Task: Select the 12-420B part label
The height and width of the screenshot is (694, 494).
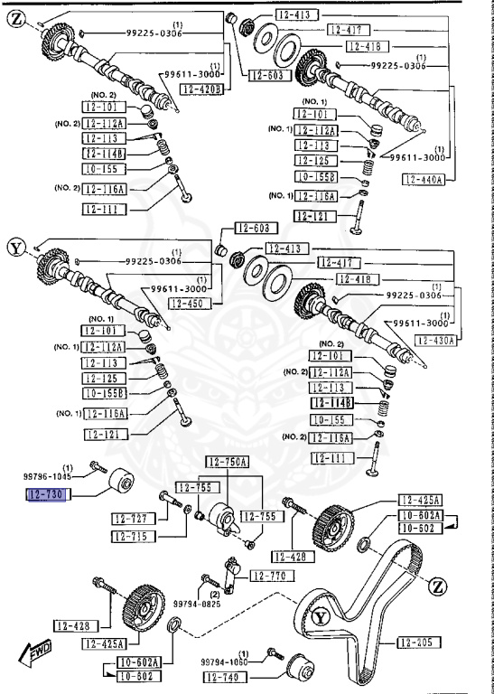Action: point(200,89)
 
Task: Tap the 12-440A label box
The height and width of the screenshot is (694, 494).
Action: point(424,180)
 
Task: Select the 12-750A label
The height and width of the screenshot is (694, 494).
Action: point(227,463)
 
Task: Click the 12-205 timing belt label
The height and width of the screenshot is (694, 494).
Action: point(418,642)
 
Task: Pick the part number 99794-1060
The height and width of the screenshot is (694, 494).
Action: point(225,661)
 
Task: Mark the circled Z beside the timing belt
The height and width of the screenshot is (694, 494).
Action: point(438,587)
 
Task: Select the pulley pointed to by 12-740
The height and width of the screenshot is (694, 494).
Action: point(299,671)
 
